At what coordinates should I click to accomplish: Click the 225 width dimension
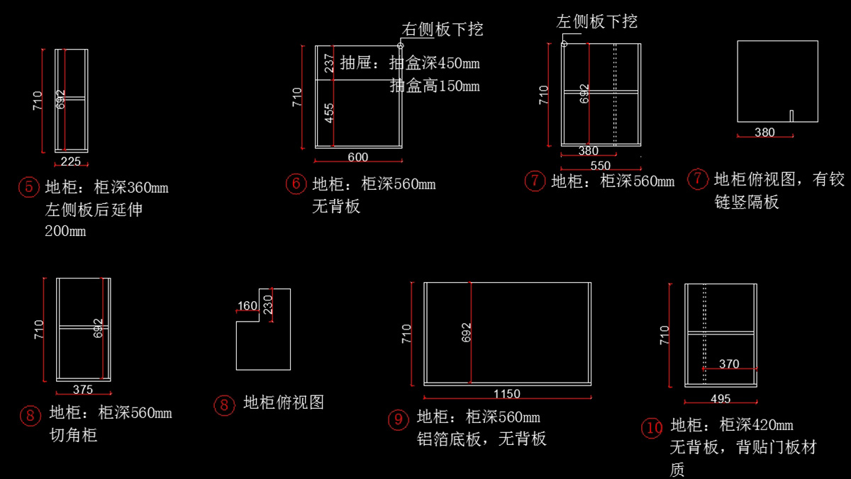71,162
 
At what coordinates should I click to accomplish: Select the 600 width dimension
358,157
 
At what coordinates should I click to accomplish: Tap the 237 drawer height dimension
329,64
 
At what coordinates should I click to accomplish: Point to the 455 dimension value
329,113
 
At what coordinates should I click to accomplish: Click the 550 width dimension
600,166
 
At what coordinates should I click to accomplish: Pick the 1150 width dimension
507,394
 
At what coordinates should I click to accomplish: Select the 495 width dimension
720,399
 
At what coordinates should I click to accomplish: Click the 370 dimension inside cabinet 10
729,364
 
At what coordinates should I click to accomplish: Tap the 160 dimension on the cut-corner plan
247,306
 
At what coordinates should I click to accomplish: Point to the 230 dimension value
268,305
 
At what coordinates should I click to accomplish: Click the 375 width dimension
83,389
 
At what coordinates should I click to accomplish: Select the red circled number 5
28,188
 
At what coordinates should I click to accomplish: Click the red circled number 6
296,184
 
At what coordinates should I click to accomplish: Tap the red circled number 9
398,419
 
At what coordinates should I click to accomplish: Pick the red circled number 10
652,427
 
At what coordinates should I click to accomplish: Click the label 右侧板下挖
443,29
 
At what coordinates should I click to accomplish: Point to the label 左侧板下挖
597,21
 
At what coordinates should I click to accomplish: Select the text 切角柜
73,435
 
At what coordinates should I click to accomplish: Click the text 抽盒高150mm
434,86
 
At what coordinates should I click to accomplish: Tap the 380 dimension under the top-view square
764,133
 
